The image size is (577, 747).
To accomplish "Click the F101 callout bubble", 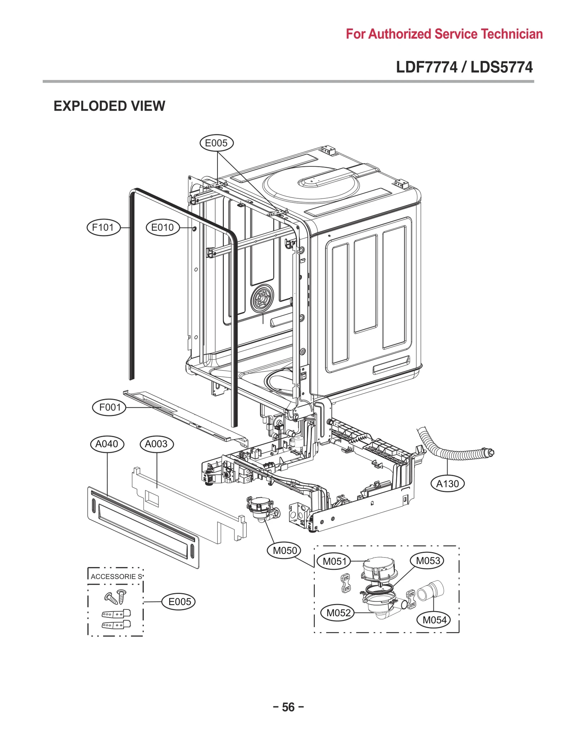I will click(103, 228).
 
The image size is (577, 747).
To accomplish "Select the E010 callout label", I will click(162, 228).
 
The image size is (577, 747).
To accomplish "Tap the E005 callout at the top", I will click(216, 143).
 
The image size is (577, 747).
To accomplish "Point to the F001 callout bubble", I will click(110, 407).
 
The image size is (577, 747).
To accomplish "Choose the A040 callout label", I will click(107, 444).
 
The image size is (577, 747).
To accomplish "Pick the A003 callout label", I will click(156, 444).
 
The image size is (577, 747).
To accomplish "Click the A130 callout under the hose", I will click(448, 483).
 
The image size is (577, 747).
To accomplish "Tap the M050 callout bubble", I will click(285, 550).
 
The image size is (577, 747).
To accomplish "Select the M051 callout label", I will click(334, 562).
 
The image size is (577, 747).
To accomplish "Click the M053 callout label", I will click(428, 561).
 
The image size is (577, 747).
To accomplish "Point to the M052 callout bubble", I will click(338, 613).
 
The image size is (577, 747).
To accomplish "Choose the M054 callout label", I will click(434, 620).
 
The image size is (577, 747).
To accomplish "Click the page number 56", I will click(288, 707).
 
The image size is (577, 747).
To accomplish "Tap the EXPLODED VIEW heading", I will click(109, 106).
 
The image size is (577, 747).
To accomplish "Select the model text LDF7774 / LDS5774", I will click(464, 67).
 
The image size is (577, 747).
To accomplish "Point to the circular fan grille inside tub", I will click(262, 298).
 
